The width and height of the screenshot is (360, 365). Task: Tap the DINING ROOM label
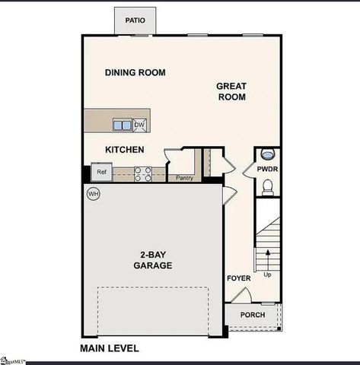coord(135,73)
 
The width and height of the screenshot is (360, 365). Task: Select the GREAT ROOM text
coord(232,91)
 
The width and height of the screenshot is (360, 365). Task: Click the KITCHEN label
coord(125,150)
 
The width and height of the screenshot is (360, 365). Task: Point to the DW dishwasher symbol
coord(140,125)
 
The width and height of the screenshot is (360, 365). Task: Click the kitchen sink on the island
coord(122,125)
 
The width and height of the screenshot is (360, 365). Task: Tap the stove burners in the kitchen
coord(142,174)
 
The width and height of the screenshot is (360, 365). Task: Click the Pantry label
coord(184,179)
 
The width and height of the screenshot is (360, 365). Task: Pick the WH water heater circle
coord(94,194)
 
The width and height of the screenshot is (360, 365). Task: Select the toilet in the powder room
coord(267,186)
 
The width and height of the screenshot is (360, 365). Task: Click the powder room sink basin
coord(267,155)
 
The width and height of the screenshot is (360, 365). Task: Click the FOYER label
coord(238,278)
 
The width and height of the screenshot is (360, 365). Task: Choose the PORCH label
coord(253,315)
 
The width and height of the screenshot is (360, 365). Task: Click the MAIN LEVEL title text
coord(110,348)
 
